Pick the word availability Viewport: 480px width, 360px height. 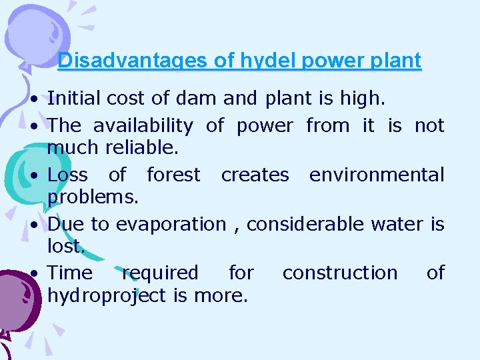tap(143, 125)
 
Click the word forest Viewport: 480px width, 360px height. tap(173, 175)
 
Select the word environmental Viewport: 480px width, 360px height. tap(376, 175)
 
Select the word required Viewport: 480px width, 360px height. tap(160, 273)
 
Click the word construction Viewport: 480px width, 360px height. tap(339, 273)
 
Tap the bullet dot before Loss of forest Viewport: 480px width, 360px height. tap(32, 176)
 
